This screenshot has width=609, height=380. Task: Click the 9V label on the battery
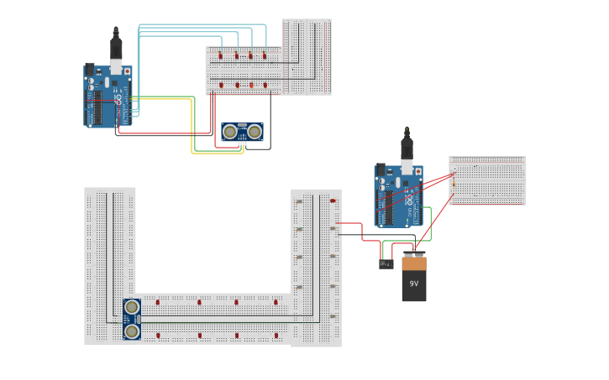click(x=413, y=284)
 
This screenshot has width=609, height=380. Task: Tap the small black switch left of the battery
click(x=386, y=264)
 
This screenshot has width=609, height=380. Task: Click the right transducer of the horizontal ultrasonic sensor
click(x=254, y=131)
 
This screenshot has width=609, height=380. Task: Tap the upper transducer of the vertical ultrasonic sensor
click(x=132, y=307)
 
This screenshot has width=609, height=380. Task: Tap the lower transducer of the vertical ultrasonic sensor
click(x=132, y=331)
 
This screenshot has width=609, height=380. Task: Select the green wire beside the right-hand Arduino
click(x=430, y=216)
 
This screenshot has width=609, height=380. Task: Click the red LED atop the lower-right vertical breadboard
click(x=333, y=200)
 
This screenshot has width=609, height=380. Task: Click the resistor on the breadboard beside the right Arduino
click(x=454, y=185)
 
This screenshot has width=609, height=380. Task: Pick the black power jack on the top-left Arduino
click(x=89, y=70)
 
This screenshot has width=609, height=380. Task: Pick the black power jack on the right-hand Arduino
click(x=380, y=169)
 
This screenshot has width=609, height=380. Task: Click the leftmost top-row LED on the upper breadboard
click(x=221, y=56)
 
